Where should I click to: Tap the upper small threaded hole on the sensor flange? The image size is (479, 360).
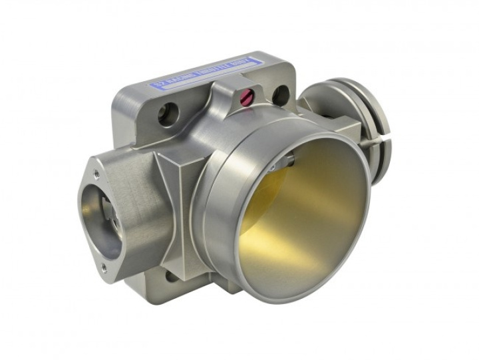pyautogui.click(x=98, y=174)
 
